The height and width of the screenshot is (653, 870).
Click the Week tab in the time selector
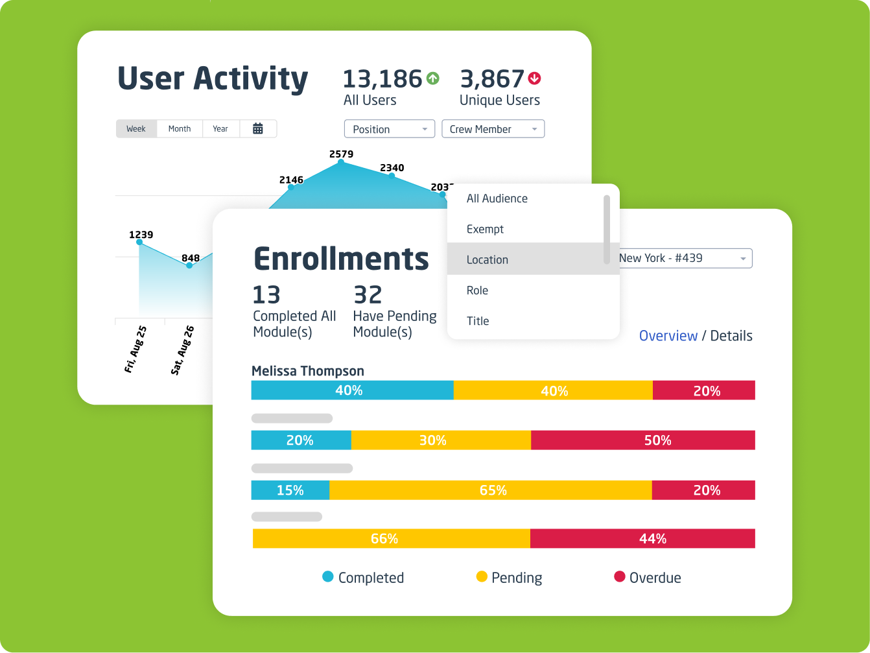(x=136, y=129)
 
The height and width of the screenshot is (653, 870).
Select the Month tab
(x=180, y=129)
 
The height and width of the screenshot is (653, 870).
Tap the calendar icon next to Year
(x=257, y=129)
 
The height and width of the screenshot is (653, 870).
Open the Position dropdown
(x=389, y=129)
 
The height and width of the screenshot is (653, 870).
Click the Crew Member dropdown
(x=493, y=129)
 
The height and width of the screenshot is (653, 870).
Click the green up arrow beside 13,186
(x=433, y=78)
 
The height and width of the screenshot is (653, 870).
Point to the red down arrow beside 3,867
(x=535, y=78)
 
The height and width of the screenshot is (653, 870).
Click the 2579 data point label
(x=341, y=154)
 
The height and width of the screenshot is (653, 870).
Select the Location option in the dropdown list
(x=488, y=259)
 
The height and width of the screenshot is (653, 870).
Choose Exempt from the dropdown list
(x=485, y=229)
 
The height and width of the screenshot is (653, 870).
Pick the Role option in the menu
(x=477, y=291)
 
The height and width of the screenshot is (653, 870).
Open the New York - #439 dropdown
(x=685, y=258)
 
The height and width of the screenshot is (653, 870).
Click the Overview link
(x=668, y=336)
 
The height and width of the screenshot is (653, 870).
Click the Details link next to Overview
(x=731, y=336)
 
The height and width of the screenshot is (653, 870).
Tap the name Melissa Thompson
(x=308, y=371)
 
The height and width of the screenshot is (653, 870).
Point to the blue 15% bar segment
(x=290, y=490)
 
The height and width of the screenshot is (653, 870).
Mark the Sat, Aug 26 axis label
(x=182, y=350)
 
